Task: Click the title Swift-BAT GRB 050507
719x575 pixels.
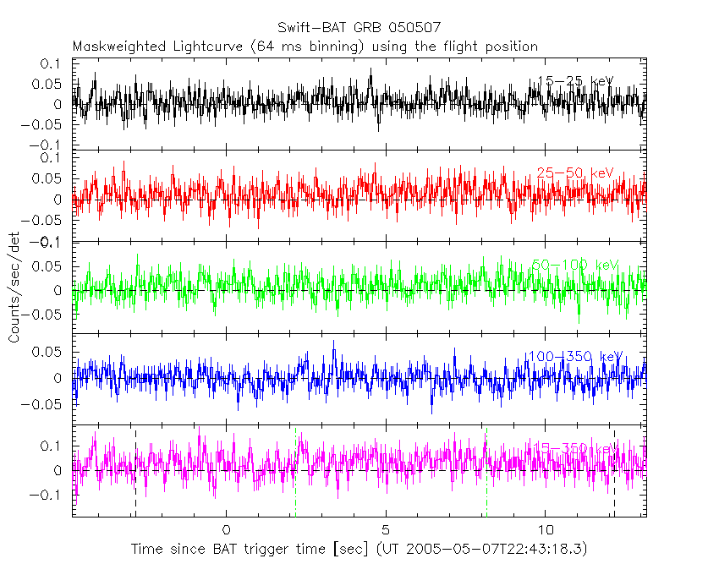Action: pos(359,28)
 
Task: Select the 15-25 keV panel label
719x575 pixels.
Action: pos(575,81)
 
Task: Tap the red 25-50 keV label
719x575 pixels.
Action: pos(574,172)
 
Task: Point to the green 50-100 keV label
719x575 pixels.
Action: pos(575,265)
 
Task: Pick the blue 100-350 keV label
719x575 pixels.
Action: pos(574,356)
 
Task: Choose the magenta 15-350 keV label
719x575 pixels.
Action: pos(574,447)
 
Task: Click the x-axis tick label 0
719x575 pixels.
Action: pos(226,530)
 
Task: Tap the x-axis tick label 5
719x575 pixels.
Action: pos(386,530)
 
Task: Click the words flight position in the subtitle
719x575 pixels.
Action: pos(492,46)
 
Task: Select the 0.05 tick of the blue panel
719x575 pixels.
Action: pos(49,351)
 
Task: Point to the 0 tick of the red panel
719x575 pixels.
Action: pos(58,200)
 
